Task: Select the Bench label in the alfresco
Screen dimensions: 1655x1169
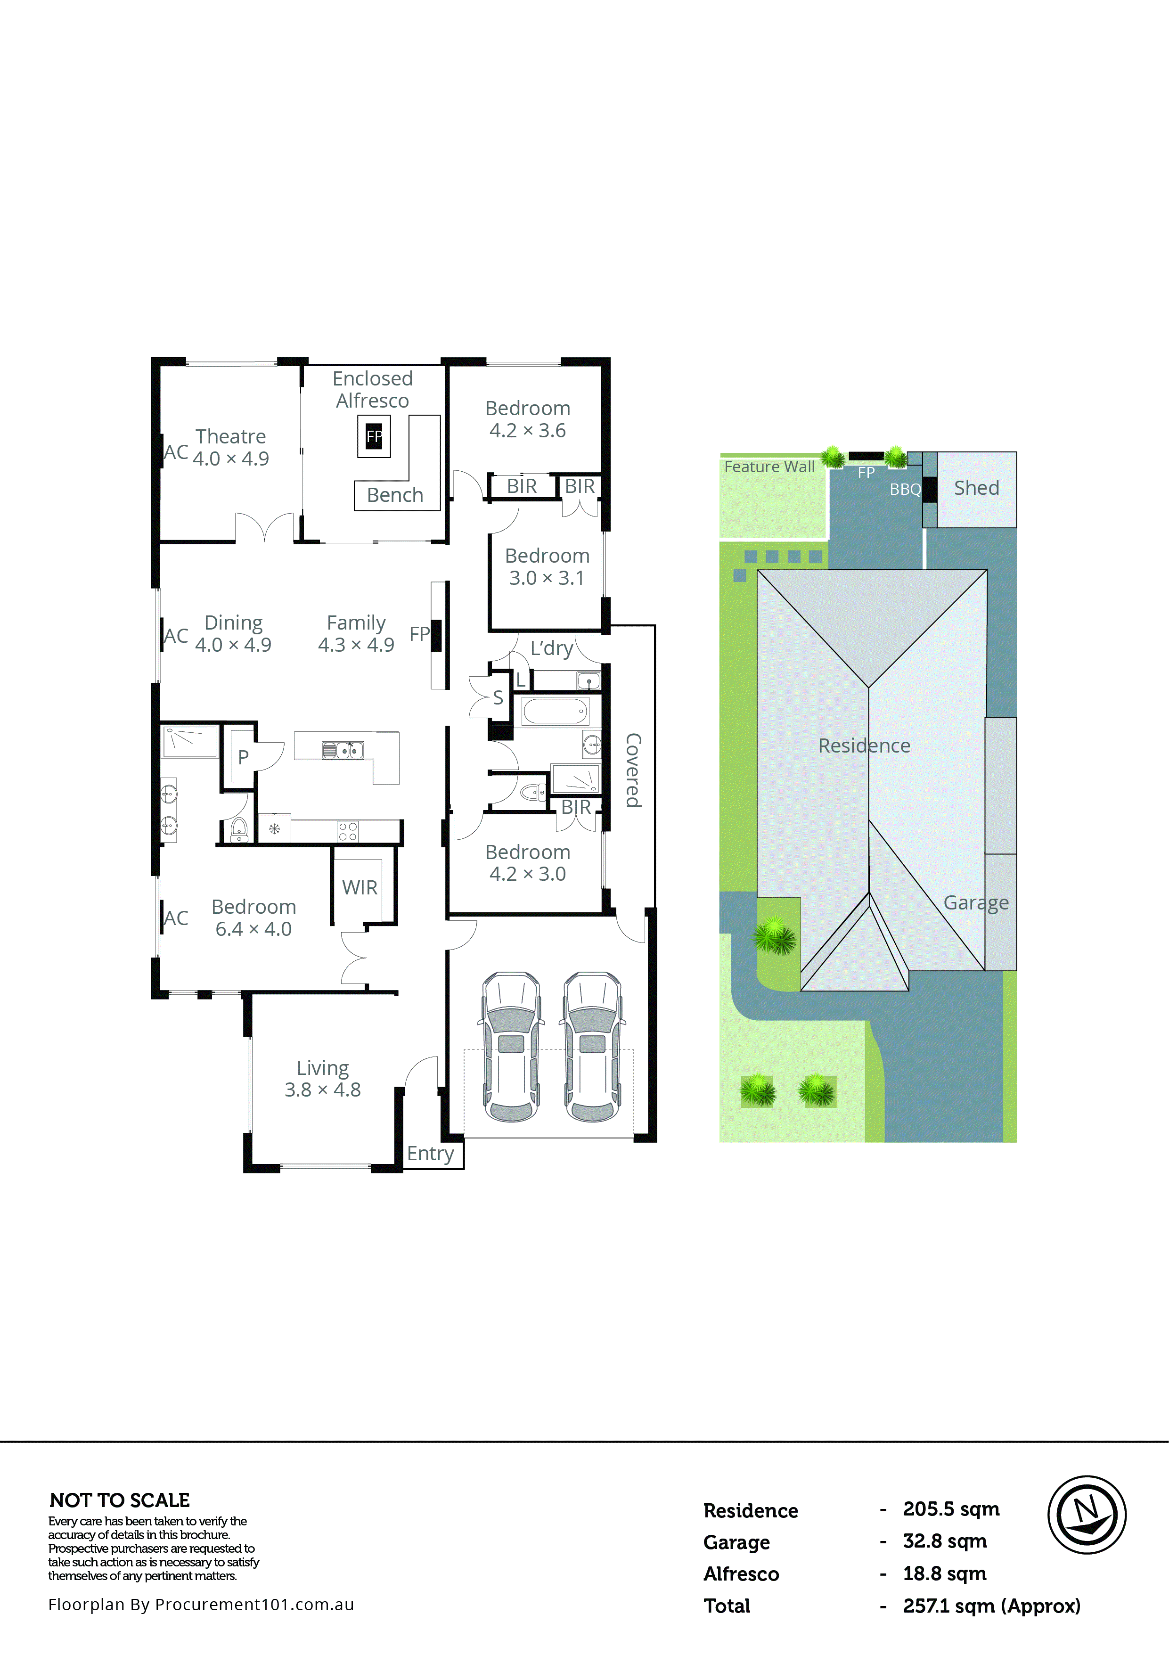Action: point(395,495)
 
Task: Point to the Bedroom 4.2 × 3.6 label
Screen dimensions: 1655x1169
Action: point(528,419)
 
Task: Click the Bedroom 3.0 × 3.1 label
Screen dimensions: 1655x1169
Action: point(547,566)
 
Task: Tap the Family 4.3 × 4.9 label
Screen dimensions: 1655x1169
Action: point(356,633)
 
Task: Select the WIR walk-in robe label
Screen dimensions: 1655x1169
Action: point(360,887)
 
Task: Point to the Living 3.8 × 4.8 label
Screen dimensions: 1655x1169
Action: point(322,1078)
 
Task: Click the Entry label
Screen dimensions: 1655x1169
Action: point(430,1153)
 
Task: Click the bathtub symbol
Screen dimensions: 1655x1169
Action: point(555,712)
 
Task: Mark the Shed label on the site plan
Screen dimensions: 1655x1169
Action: point(977,488)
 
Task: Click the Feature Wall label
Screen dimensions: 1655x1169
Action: point(769,467)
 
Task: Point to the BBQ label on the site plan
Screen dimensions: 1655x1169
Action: point(905,490)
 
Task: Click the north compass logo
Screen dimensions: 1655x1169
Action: point(1086,1515)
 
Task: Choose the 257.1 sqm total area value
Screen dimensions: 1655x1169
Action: point(991,1606)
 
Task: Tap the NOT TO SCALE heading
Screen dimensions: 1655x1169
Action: point(120,1500)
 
